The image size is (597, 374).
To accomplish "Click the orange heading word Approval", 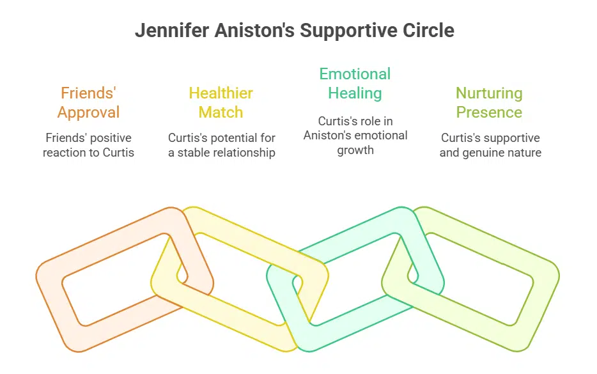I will [x=88, y=113].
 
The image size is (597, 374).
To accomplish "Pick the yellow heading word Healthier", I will [x=221, y=93].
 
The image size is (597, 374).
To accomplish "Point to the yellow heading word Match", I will [x=221, y=113].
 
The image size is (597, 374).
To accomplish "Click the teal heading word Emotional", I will [x=355, y=74].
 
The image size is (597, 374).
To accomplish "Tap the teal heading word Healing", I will [x=355, y=93].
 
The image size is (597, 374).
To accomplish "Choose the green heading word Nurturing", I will [x=489, y=93].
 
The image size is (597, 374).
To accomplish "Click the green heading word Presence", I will [x=489, y=113].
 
